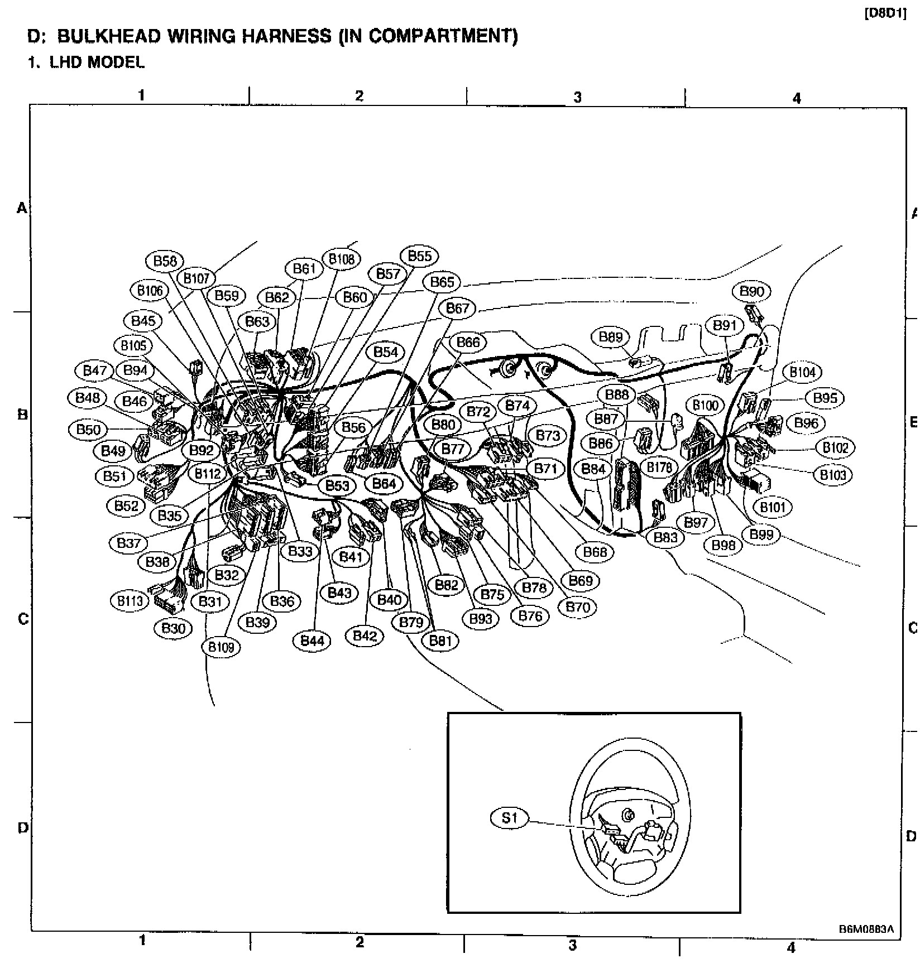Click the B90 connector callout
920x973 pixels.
[x=751, y=291]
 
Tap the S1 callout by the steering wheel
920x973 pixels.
[x=509, y=818]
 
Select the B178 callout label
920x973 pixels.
[x=659, y=467]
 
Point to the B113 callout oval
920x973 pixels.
[x=130, y=601]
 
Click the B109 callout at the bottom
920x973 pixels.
[x=221, y=647]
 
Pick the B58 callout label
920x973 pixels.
[x=165, y=261]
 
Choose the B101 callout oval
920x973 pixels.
[x=773, y=507]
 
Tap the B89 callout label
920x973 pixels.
[x=610, y=337]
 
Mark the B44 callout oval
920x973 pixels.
[x=312, y=640]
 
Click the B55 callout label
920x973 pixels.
[x=420, y=256]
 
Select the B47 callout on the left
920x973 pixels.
[x=94, y=370]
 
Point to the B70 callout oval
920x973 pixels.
[x=577, y=606]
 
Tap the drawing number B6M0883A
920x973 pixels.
[x=866, y=929]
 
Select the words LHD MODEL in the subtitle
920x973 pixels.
[x=97, y=62]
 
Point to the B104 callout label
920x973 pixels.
[x=802, y=372]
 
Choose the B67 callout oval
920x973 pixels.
[x=457, y=309]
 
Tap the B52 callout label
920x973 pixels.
[x=126, y=505]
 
